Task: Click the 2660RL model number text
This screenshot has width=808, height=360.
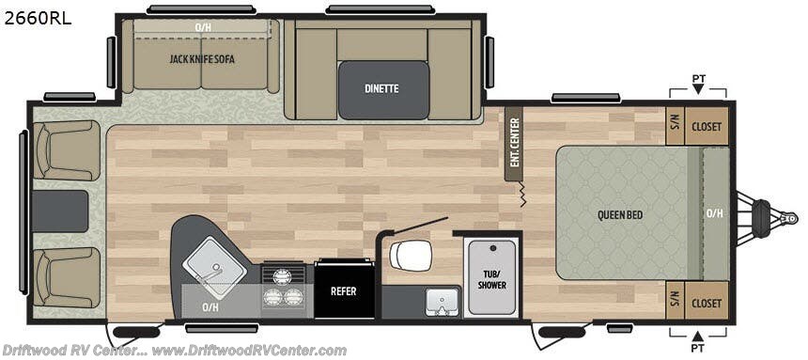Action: (x=37, y=17)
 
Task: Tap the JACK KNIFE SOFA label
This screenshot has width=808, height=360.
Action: (x=202, y=58)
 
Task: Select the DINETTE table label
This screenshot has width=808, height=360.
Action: (x=381, y=88)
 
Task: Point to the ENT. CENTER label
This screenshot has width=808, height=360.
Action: (x=514, y=143)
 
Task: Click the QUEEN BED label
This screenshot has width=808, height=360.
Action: (x=620, y=214)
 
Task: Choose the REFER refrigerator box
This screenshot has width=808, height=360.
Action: (x=343, y=290)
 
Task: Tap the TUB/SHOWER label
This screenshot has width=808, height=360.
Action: (x=491, y=278)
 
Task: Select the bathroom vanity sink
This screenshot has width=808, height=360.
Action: (x=439, y=301)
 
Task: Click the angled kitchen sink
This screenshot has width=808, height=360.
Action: (x=214, y=261)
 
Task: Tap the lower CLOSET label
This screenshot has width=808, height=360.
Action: (x=707, y=303)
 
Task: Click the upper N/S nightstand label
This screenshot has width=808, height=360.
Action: (x=674, y=121)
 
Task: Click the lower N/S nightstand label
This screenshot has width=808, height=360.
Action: (x=674, y=303)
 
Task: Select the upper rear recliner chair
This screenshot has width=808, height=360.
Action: (x=66, y=150)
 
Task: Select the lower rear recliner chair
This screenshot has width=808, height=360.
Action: (x=66, y=276)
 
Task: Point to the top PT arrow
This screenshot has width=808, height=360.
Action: (x=697, y=88)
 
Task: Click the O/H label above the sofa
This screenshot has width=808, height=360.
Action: (x=203, y=26)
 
